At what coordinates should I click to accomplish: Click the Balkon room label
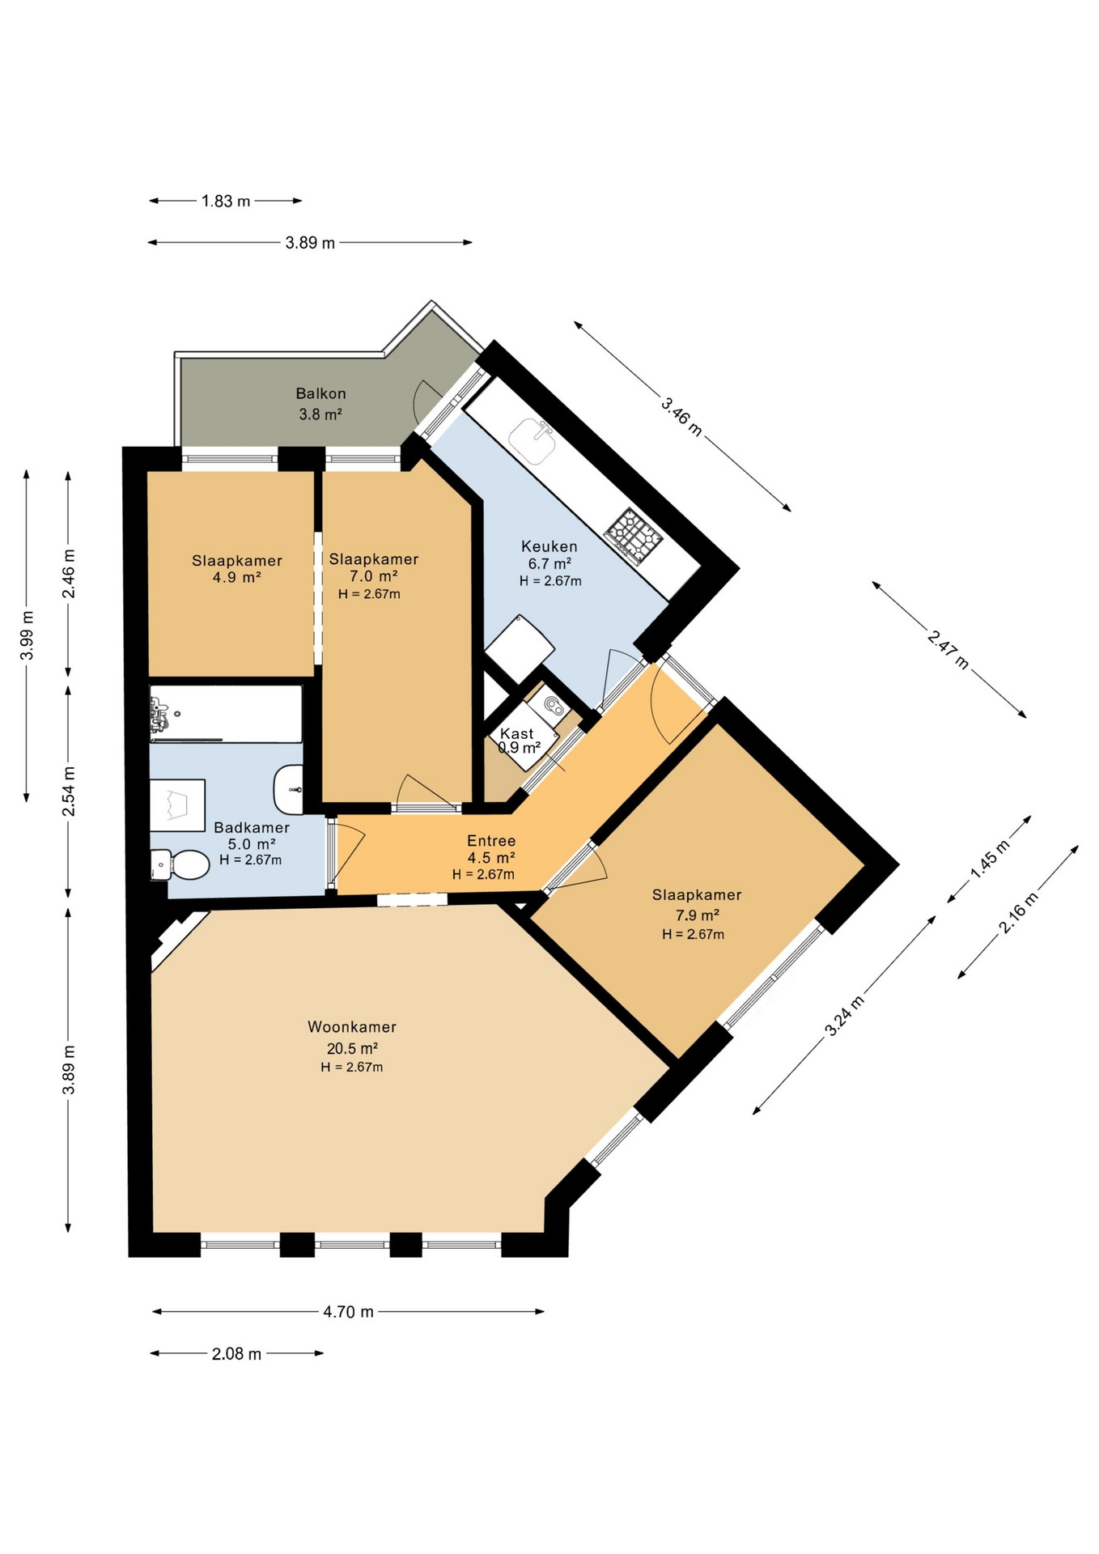pos(320,393)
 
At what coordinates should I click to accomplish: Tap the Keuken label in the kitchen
pos(549,546)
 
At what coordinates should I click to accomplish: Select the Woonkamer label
pos(352,1027)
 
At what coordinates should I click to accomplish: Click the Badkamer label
pos(252,827)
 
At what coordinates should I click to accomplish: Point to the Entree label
pos(491,841)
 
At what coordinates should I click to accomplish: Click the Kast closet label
pos(517,734)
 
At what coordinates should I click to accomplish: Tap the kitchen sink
pos(532,441)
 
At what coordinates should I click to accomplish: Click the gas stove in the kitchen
pos(634,535)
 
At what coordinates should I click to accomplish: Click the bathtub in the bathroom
pos(226,714)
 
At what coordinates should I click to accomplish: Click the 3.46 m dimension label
pos(681,416)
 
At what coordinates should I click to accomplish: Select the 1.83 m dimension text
pos(226,201)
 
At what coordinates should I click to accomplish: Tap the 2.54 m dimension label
pos(69,791)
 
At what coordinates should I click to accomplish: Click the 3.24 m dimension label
pos(844,1016)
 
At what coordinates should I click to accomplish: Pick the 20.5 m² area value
pos(352,1048)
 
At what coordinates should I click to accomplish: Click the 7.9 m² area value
pos(698,915)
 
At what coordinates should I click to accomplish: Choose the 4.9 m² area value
pos(236,577)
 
